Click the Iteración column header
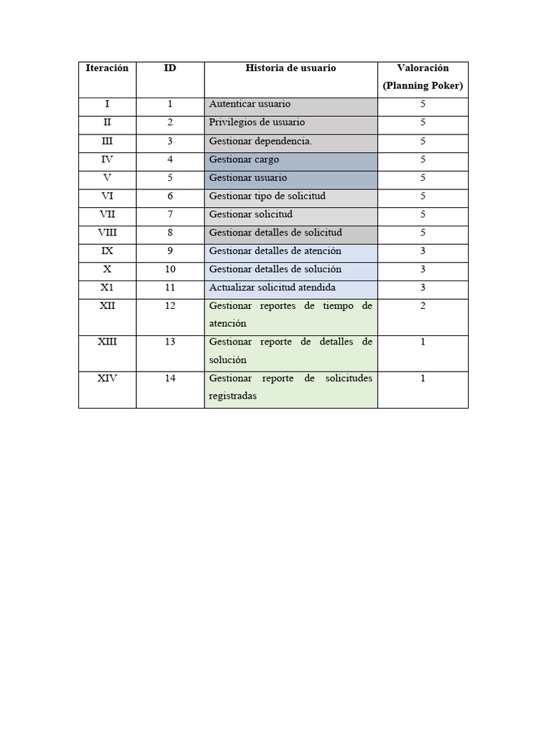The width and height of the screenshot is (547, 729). pos(107,68)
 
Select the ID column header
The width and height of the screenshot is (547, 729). pos(170,68)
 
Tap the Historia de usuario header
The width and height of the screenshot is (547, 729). pos(291,68)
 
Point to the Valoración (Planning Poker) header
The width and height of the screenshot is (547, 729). pos(422,77)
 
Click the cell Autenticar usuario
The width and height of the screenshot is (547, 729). pos(249,105)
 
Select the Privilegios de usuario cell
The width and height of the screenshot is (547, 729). pos(256,122)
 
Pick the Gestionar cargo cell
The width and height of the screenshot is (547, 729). pos(244,159)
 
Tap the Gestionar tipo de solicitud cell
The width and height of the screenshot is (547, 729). pos(267,196)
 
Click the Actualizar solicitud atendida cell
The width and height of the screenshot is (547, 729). pos(272,288)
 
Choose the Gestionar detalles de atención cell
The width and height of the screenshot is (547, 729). pos(275,251)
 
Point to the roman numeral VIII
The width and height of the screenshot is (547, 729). pos(107,232)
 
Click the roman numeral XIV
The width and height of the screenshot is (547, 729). pos(107,378)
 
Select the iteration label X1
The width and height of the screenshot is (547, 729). pos(107,288)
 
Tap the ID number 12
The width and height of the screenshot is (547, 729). pos(170,305)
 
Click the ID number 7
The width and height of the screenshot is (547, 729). pos(170,214)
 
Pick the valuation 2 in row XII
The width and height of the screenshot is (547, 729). pos(422,305)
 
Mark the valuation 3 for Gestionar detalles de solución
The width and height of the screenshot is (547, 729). pos(422,269)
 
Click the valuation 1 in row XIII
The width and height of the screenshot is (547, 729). pos(422,342)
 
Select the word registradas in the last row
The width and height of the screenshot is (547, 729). pos(233,396)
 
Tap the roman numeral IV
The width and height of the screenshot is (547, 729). pos(107,159)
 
